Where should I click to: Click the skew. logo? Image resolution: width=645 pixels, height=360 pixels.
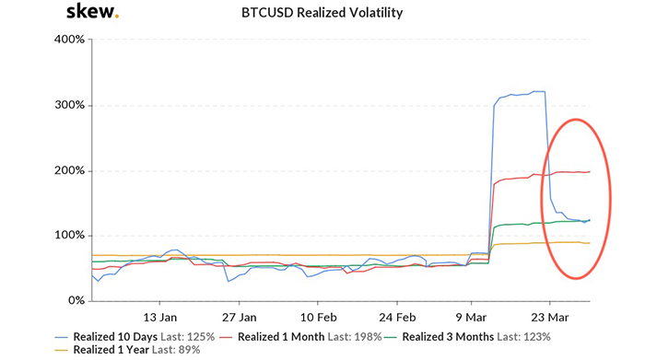click(x=92, y=13)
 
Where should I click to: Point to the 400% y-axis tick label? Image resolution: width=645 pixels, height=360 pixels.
click(x=69, y=40)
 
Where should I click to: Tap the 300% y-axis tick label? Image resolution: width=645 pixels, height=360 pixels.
click(x=69, y=105)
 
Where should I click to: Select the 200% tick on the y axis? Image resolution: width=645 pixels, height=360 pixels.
click(x=69, y=170)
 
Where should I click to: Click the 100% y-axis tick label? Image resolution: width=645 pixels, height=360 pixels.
click(x=69, y=236)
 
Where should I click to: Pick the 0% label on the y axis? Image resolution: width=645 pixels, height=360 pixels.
click(x=76, y=301)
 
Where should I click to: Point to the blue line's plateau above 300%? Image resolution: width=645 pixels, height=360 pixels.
click(x=521, y=94)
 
